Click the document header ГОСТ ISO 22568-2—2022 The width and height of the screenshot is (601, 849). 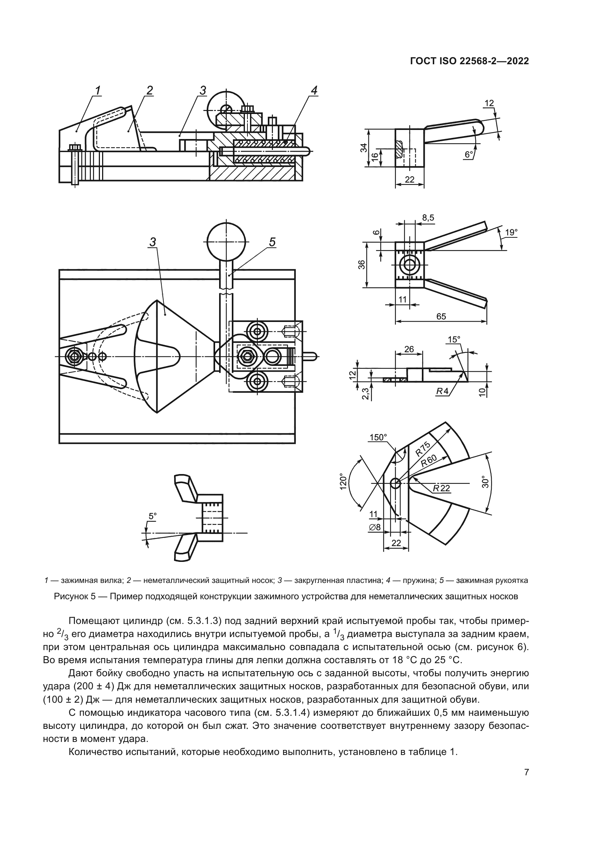pyautogui.click(x=469, y=61)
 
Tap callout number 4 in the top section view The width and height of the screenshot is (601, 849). pyautogui.click(x=314, y=90)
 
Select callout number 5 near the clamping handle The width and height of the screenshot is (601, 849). pyautogui.click(x=272, y=242)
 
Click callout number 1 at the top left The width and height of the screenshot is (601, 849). pyautogui.click(x=98, y=90)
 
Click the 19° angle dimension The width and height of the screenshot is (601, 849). pyautogui.click(x=512, y=232)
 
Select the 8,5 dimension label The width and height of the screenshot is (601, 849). pyautogui.click(x=428, y=218)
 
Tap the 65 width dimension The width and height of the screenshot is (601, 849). pyautogui.click(x=441, y=317)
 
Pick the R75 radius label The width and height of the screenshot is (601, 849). pyautogui.click(x=423, y=449)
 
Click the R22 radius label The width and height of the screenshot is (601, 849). pyautogui.click(x=442, y=488)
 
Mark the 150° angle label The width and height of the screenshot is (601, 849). pyautogui.click(x=378, y=437)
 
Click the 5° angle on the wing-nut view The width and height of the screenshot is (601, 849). pyautogui.click(x=153, y=516)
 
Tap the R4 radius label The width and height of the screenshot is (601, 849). pyautogui.click(x=442, y=391)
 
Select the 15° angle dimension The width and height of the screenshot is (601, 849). pyautogui.click(x=454, y=339)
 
